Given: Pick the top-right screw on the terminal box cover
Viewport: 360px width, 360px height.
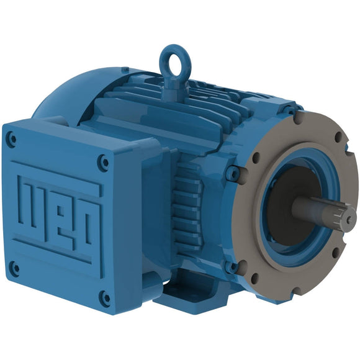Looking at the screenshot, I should (104, 163).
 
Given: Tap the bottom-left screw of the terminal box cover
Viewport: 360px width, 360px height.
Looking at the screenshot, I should (16, 269).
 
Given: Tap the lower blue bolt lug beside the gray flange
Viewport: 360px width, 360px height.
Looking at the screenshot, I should (230, 268).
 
